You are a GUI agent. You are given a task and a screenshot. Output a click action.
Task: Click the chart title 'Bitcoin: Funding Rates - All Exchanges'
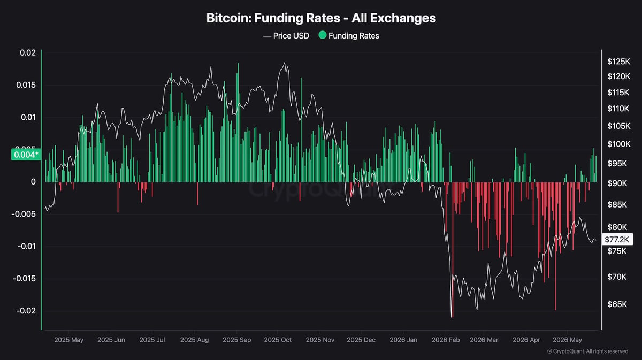click(321, 18)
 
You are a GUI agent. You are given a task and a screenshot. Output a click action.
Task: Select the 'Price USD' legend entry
click(286, 36)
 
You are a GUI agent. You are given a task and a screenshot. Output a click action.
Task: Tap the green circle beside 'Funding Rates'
click(323, 35)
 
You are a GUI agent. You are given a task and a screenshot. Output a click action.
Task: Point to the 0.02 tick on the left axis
click(28, 53)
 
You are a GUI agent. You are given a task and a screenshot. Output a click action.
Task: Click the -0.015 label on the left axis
click(24, 279)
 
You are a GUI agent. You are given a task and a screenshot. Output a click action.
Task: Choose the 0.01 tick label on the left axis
click(28, 117)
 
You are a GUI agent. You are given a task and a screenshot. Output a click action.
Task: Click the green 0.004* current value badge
click(26, 155)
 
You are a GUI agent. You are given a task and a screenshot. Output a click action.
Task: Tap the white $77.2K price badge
click(617, 239)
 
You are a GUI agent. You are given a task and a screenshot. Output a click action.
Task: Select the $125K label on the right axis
click(619, 62)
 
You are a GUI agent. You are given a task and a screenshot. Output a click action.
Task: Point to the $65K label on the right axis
click(617, 304)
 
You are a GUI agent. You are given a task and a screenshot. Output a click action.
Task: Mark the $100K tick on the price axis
click(619, 144)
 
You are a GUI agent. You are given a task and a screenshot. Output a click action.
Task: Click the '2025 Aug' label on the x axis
click(194, 340)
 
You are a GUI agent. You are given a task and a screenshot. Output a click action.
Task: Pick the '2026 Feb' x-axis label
click(446, 340)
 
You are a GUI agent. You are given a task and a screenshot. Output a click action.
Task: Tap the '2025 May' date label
click(69, 340)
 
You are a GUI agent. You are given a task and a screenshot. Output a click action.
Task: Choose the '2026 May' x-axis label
click(567, 340)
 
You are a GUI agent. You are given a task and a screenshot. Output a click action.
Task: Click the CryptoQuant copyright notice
click(587, 351)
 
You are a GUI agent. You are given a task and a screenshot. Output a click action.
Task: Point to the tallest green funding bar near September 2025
click(238, 122)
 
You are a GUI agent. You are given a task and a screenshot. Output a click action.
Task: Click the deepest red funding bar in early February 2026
click(453, 250)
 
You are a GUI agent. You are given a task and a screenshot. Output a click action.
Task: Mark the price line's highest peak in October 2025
click(285, 63)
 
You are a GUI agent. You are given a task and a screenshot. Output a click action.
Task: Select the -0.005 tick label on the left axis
click(24, 214)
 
